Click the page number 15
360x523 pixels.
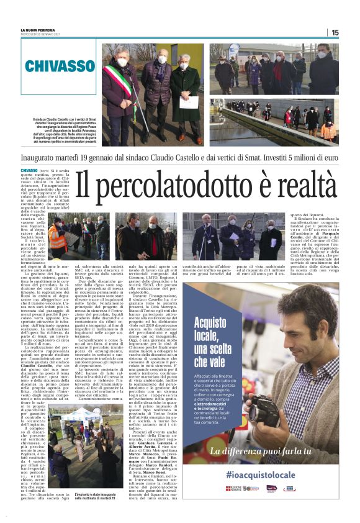coord(335,32)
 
